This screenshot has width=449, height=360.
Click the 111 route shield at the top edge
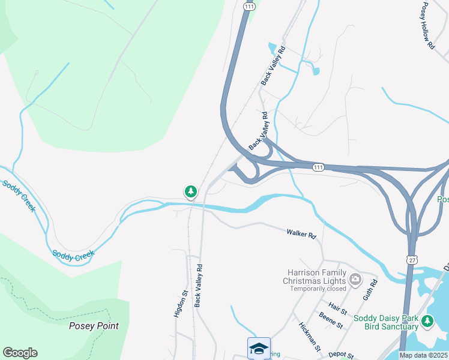point(248,5)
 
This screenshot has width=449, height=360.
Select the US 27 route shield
point(411,259)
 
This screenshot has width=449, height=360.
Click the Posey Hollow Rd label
point(427,26)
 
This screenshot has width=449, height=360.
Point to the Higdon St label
point(178,304)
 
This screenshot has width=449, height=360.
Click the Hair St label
point(339,308)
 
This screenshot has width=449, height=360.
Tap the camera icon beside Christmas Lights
point(355,278)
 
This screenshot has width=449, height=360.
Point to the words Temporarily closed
point(318,289)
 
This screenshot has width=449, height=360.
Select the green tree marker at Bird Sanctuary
point(427,321)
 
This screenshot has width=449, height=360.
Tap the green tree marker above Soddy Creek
point(190,192)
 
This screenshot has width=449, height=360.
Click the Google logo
point(20,353)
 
